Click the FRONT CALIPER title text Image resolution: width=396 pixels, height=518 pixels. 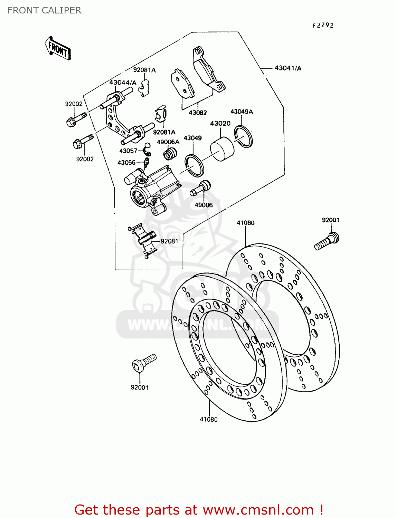coord(44,10)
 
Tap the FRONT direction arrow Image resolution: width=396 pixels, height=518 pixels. coord(58,49)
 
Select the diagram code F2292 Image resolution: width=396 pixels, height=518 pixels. coord(323,25)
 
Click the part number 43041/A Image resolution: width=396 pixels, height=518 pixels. coord(288,68)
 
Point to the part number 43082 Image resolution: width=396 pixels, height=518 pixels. coord(198,113)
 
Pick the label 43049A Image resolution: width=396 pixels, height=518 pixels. coord(242,112)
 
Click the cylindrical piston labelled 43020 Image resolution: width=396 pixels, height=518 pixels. coord(222,149)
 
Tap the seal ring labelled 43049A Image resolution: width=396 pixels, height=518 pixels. coord(244,137)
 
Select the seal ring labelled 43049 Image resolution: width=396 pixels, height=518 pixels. coord(194,165)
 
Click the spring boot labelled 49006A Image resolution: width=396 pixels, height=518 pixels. coord(170,153)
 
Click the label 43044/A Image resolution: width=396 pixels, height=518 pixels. coord(123,83)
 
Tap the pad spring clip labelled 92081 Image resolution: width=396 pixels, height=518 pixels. coord(143,240)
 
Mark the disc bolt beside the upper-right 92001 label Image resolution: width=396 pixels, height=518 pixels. coord(327,241)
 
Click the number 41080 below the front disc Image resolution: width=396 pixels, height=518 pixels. coord(209,419)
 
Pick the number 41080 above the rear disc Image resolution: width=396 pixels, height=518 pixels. coord(245,223)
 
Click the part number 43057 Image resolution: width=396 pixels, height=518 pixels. coord(128,151)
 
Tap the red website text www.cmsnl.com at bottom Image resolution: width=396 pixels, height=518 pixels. coord(258,510)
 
